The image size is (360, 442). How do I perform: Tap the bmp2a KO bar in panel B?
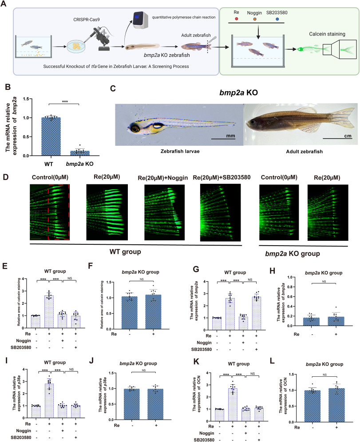coord(80,153)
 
